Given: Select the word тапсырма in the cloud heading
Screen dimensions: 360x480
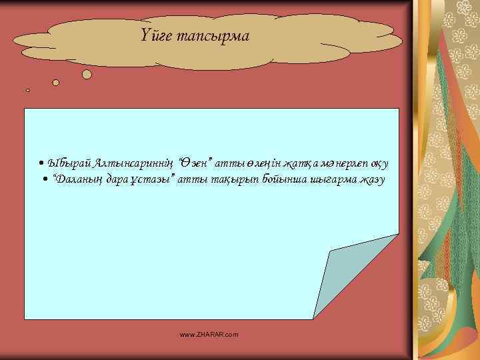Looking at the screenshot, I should pyautogui.click(x=213, y=36).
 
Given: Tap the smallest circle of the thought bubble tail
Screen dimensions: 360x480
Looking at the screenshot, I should pyautogui.click(x=27, y=90).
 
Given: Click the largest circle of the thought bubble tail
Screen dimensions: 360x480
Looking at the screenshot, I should pyautogui.click(x=87, y=75).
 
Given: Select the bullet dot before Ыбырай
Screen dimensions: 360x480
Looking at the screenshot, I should pyautogui.click(x=41, y=163).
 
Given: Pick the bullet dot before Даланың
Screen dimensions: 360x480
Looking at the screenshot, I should pyautogui.click(x=45, y=181).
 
